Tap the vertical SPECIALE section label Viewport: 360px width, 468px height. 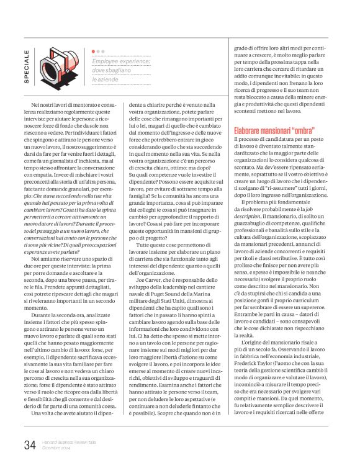pos(25,66)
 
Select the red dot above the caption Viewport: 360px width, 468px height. pos(94,52)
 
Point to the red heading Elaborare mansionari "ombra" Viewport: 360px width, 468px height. pos(274,131)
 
